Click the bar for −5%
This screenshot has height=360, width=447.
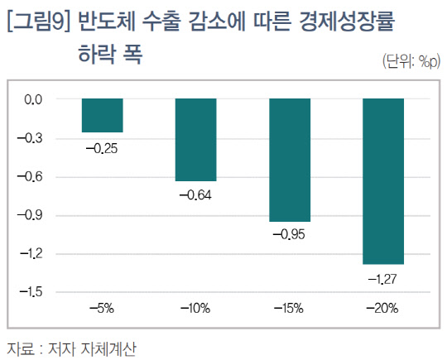tap(102, 115)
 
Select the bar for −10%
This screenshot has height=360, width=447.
tap(195, 139)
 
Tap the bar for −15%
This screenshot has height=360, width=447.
tap(289, 160)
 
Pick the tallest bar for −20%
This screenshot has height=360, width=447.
tap(382, 180)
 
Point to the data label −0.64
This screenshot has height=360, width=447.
tap(195, 195)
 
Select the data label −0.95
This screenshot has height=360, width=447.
tap(289, 235)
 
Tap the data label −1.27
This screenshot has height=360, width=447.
tap(382, 278)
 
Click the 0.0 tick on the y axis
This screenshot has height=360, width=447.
tap(33, 99)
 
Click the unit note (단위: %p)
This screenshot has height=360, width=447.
tap(409, 61)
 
